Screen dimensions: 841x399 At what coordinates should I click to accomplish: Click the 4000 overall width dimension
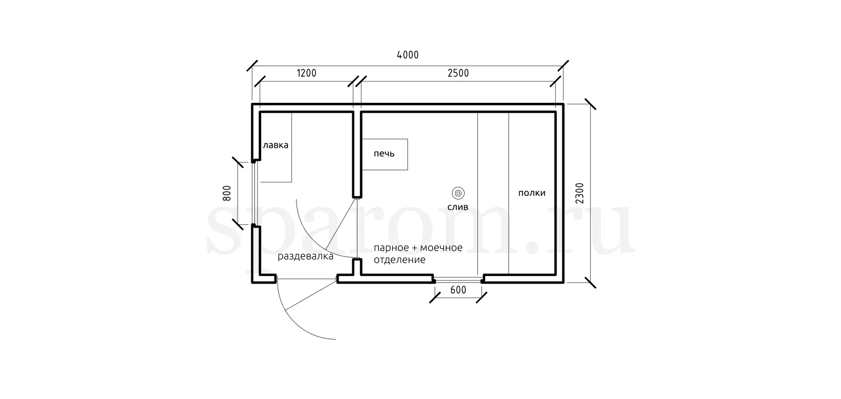coord(408,55)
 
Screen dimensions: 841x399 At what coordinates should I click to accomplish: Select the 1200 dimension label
coord(307,73)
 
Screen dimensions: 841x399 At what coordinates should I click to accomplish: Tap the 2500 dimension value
coord(458,73)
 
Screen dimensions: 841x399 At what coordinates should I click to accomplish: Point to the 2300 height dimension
coord(580,193)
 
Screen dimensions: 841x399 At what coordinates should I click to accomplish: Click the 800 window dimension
coord(227,193)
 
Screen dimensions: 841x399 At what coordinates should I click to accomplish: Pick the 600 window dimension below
coord(458,290)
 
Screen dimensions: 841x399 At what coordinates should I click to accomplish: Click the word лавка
coord(275,145)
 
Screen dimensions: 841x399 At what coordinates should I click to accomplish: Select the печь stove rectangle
coord(385,154)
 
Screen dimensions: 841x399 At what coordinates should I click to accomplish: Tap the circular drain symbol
coord(458,193)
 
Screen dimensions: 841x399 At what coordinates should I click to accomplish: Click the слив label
coord(458,207)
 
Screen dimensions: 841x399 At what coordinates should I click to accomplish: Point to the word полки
coord(531,193)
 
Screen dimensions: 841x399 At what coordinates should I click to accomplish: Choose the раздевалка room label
coord(305,257)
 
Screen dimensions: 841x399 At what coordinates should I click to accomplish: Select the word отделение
coord(399,260)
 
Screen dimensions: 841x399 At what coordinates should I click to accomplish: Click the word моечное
coord(441,248)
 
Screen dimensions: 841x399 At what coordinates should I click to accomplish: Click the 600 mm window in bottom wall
coord(458,280)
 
